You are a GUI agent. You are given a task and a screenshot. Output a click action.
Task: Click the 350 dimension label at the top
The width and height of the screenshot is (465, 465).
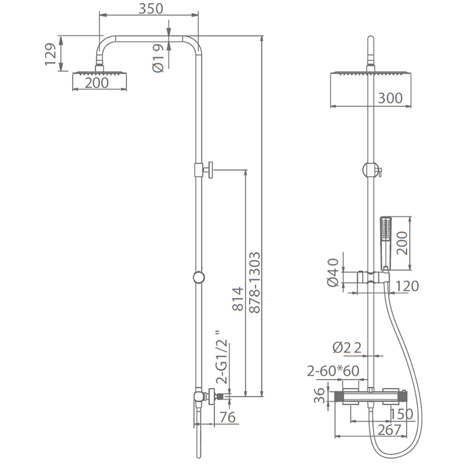[151, 9]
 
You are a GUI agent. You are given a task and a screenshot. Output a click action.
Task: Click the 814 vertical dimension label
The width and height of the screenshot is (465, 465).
[237, 299]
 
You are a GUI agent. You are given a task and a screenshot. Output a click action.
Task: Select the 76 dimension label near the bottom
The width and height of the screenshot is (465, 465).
[227, 417]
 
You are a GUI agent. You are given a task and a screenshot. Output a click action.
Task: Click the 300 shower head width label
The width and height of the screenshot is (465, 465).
[390, 98]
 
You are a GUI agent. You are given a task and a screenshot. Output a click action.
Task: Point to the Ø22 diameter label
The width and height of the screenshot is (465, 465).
[347, 348]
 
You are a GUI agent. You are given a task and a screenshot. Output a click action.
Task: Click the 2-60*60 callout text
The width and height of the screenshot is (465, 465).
[333, 371]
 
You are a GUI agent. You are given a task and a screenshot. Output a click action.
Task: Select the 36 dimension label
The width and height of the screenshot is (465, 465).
[320, 396]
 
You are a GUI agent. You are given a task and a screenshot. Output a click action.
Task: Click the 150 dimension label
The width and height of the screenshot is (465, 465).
[401, 414]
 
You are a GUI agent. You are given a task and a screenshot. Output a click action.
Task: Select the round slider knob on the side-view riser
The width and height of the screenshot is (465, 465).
[199, 277]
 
